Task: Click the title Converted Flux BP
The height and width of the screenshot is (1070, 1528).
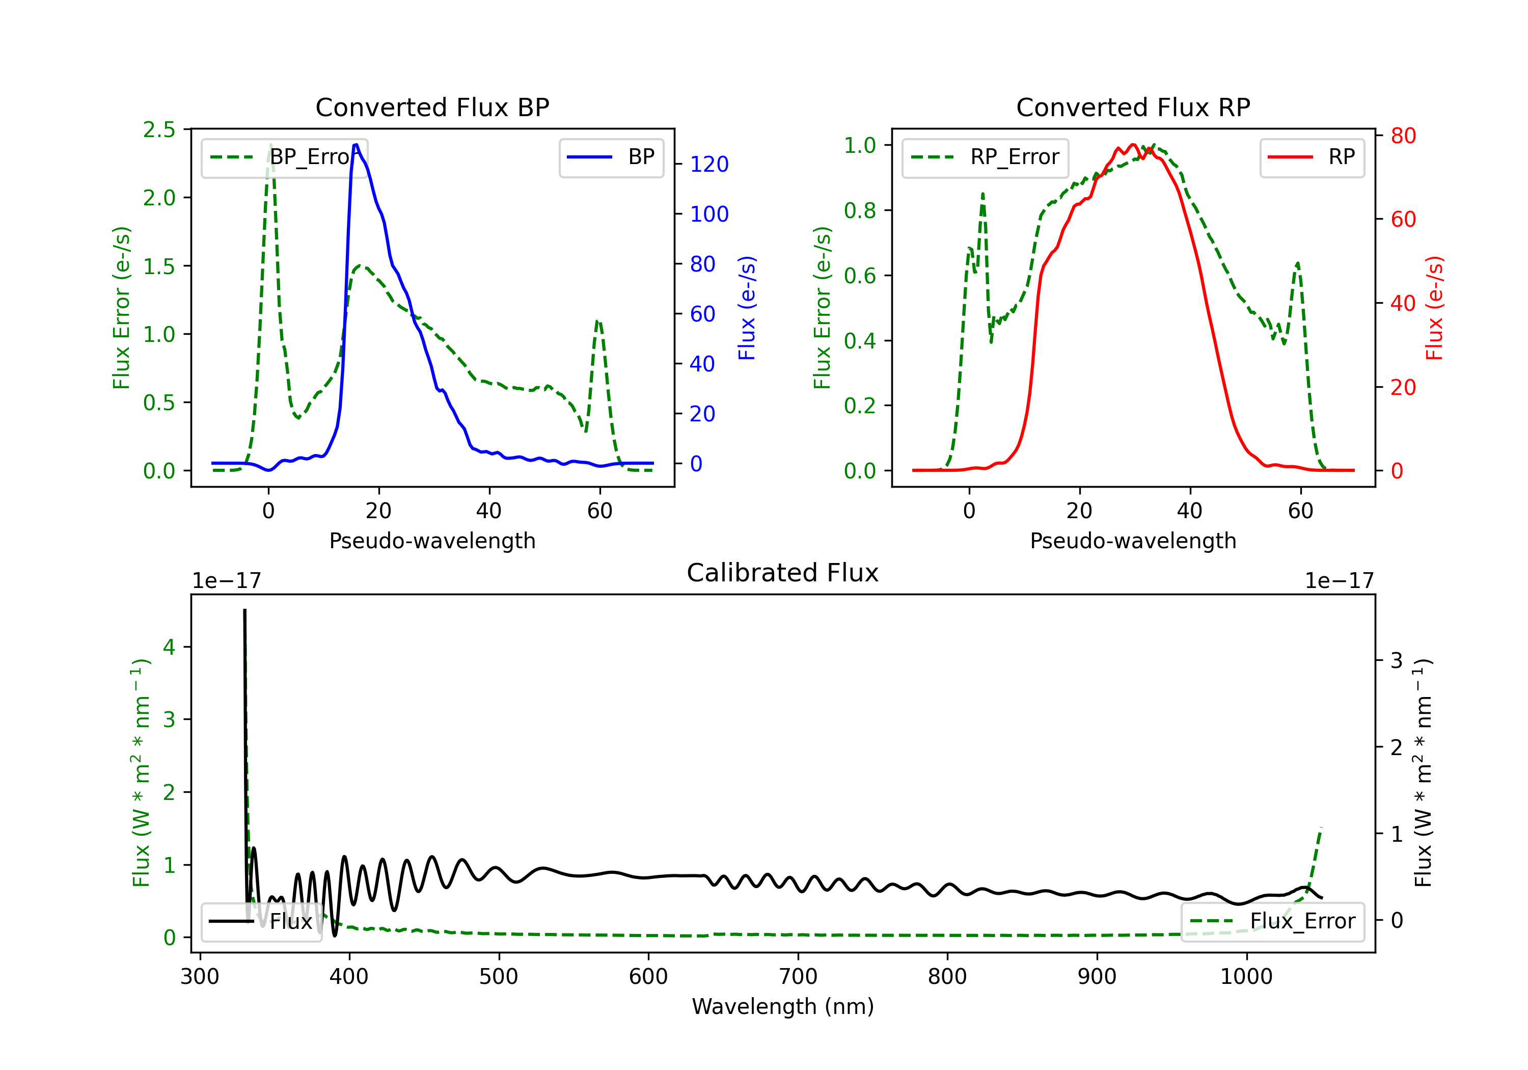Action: (x=432, y=107)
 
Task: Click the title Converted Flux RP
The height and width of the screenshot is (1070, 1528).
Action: (x=1133, y=107)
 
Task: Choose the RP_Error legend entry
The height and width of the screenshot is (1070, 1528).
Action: (x=985, y=157)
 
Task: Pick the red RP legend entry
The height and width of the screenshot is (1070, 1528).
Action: (x=1312, y=157)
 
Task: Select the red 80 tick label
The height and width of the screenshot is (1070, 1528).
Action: (x=1403, y=136)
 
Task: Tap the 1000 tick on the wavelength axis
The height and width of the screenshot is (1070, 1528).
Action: (x=1246, y=977)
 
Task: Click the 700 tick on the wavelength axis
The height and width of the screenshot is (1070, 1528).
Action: (x=797, y=977)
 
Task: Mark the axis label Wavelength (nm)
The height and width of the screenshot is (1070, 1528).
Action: (x=783, y=1006)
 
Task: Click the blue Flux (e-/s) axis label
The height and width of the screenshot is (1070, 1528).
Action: (x=747, y=308)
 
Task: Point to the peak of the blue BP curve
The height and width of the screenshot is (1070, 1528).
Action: (x=356, y=145)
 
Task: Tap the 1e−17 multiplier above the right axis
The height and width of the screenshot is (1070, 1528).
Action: (x=1339, y=581)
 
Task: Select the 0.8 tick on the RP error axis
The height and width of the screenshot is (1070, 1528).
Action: (x=859, y=210)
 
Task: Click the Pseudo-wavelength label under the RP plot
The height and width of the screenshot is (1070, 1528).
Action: (x=1133, y=541)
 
